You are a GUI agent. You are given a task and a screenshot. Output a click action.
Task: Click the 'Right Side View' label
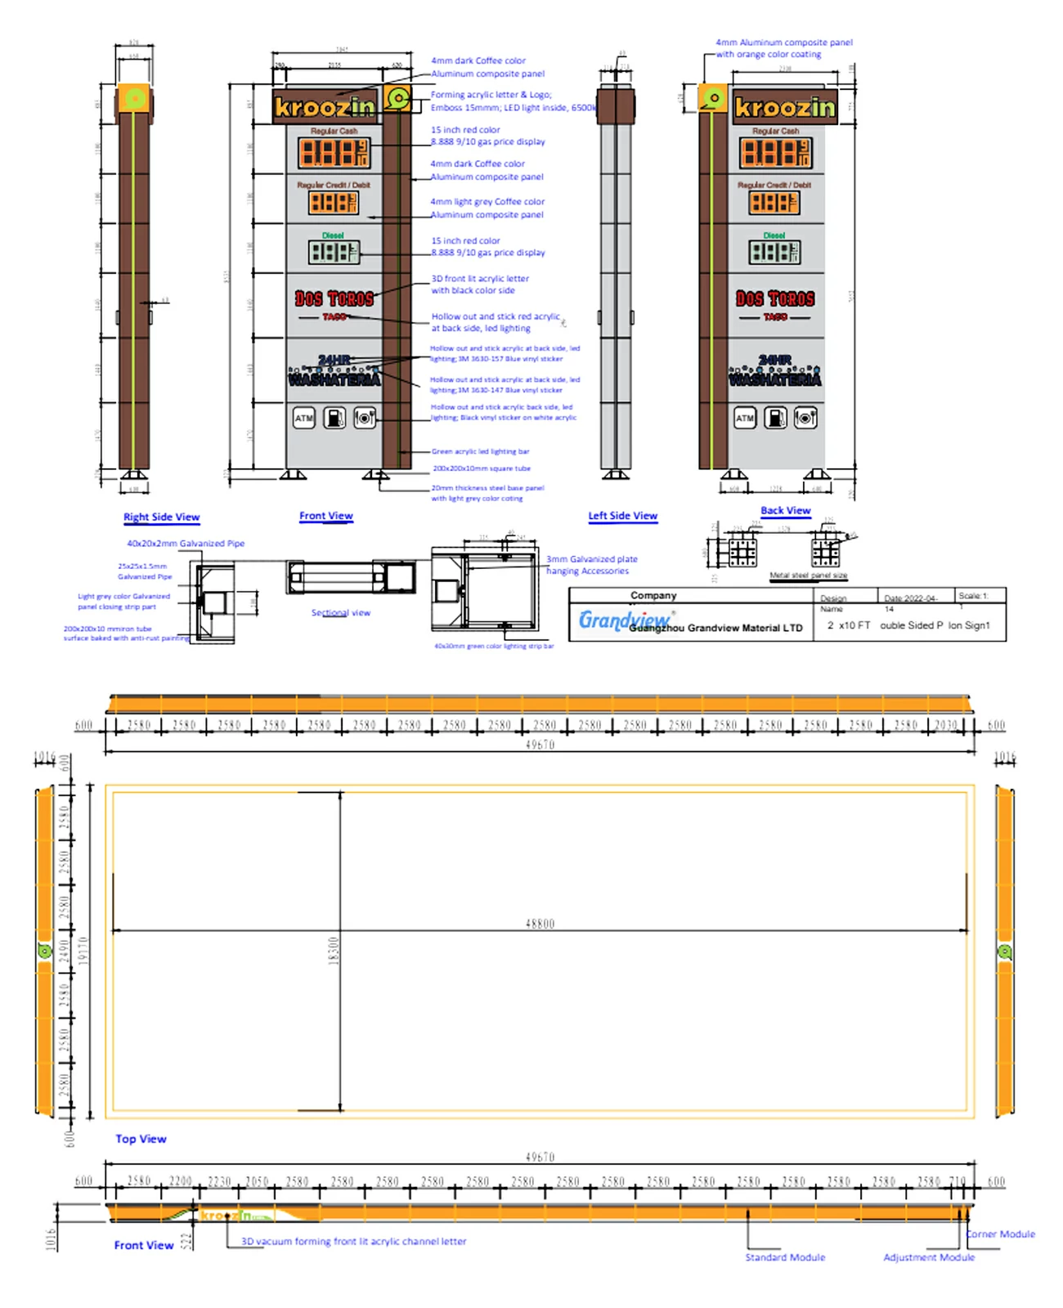[x=161, y=517]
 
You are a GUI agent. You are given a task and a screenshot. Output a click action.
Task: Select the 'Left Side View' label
[x=622, y=516]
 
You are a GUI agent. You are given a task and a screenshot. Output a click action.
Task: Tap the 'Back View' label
[x=785, y=510]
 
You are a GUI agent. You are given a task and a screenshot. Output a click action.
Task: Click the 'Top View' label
[x=141, y=1139]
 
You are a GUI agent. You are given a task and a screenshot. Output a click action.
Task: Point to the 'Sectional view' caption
[x=340, y=612]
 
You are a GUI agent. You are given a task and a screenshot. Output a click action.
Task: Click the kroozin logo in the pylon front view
[x=325, y=107]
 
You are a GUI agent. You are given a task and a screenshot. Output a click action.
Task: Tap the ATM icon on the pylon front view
[x=303, y=418]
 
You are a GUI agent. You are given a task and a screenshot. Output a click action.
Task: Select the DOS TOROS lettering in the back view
[x=774, y=299]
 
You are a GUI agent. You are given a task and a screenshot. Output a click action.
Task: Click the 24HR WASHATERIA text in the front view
[x=334, y=371]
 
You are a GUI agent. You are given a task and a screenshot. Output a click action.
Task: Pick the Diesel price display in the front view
[x=333, y=252]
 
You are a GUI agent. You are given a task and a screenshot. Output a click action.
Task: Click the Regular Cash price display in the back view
[x=774, y=153]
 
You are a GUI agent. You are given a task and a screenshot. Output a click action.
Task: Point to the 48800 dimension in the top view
[x=540, y=924]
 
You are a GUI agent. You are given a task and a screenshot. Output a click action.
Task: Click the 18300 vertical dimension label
[x=333, y=951]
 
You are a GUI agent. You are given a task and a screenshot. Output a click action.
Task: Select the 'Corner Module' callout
[x=1000, y=1234]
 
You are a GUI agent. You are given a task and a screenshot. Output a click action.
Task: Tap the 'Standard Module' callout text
[x=785, y=1257]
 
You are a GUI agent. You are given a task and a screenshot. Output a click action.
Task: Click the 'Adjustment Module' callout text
[x=929, y=1257]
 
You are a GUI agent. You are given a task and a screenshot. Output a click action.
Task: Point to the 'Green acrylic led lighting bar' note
[x=480, y=451]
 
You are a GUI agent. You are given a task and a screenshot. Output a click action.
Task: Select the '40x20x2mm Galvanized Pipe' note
[x=186, y=544]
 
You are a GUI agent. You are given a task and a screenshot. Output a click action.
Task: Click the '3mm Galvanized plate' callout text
[x=591, y=559]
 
